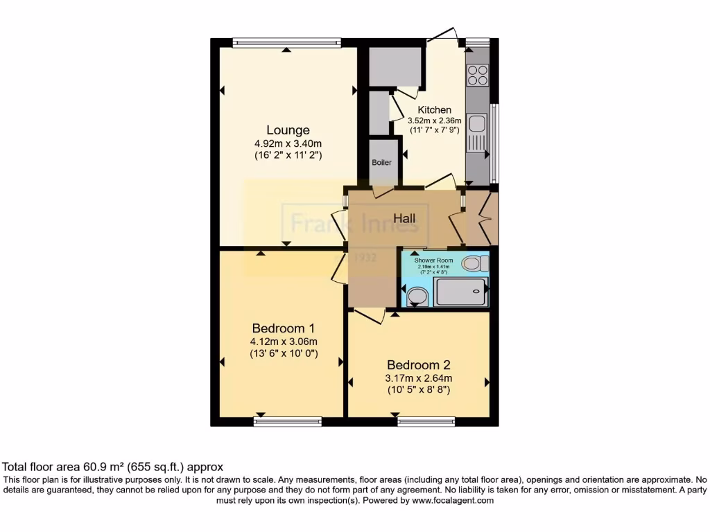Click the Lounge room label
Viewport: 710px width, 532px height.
(288, 130)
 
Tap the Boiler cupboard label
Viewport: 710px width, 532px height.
(381, 163)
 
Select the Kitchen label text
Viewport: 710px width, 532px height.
(435, 109)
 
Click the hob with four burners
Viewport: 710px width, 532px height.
(478, 74)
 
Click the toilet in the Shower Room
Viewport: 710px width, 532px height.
(475, 263)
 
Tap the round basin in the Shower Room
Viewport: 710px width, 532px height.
(417, 296)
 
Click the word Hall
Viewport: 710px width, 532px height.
(405, 219)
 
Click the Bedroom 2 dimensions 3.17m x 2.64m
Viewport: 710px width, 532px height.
(419, 378)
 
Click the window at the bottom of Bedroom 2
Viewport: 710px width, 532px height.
(426, 420)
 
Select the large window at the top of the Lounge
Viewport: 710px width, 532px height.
(286, 42)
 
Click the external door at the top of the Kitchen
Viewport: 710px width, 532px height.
(442, 35)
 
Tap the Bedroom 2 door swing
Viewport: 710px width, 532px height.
(369, 317)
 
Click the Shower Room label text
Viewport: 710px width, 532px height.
(433, 260)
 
